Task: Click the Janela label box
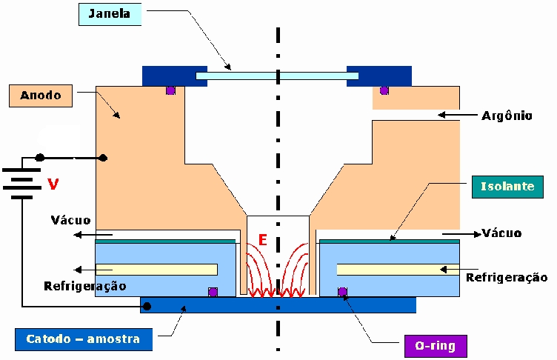pos(110,14)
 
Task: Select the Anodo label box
pos(41,96)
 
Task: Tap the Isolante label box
pos(507,187)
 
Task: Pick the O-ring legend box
pos(436,346)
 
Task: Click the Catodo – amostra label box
pos(84,339)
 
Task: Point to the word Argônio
pos(507,116)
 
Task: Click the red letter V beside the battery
pos(53,184)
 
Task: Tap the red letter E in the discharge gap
pos(262,240)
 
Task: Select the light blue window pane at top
pos(277,76)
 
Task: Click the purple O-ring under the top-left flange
pos(171,90)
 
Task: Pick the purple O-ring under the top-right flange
pos(384,90)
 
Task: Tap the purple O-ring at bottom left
pos(213,292)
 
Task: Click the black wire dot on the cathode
pos(147,306)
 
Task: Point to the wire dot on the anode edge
pos(103,158)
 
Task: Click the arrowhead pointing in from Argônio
pos(441,115)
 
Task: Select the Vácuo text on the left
pos(70,220)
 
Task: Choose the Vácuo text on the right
pos(502,233)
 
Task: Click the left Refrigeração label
pos(85,286)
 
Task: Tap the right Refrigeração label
pos(507,277)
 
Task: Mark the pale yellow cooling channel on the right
pos(398,270)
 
